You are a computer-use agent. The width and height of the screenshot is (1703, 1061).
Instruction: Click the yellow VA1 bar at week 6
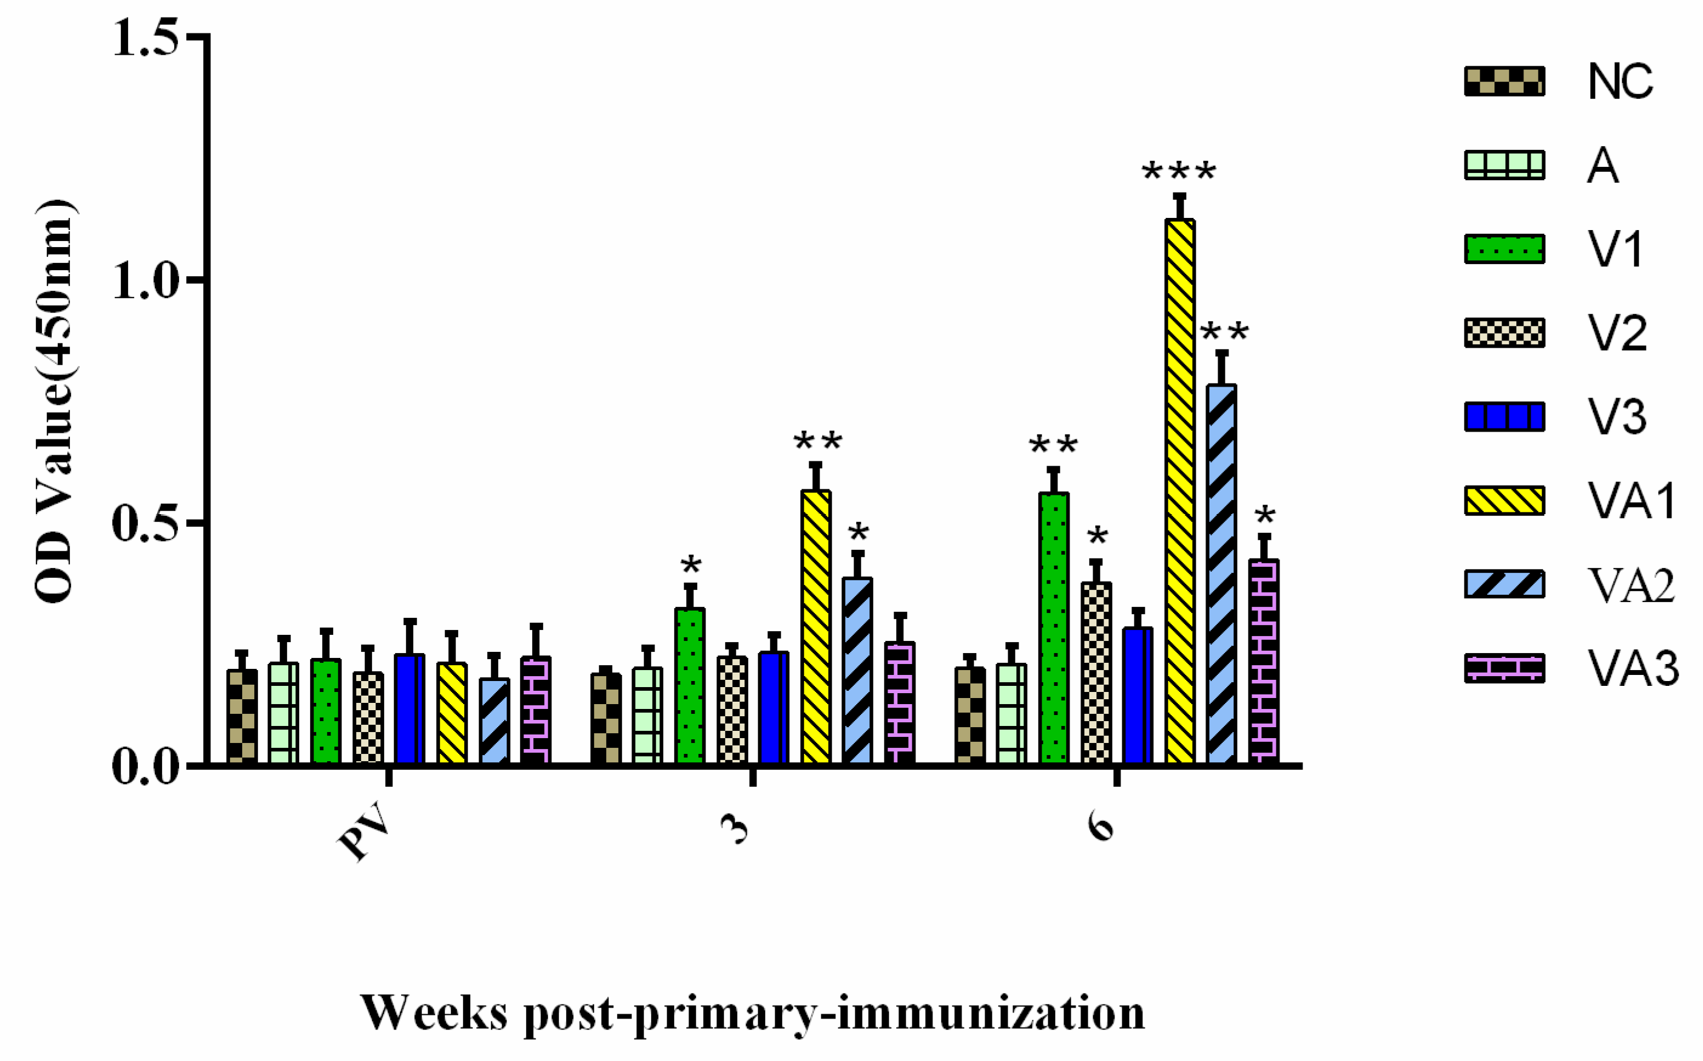(1180, 491)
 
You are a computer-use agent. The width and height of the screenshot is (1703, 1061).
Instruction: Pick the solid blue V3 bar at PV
(410, 709)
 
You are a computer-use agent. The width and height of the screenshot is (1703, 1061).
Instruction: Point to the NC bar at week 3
(606, 719)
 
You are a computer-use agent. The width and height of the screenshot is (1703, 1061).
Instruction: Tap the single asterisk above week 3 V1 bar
(691, 566)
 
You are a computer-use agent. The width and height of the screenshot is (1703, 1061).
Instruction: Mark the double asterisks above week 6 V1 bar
(1053, 446)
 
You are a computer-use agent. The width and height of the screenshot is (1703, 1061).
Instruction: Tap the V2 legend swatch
(1505, 333)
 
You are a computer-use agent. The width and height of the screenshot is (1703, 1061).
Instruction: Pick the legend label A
(1603, 167)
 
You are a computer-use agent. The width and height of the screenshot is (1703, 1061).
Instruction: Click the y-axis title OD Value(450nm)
(55, 401)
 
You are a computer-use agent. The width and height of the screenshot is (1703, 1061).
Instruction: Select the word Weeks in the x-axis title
(434, 1012)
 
